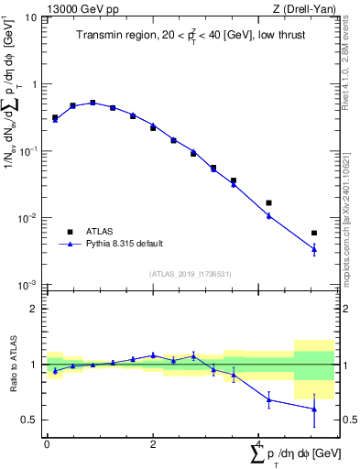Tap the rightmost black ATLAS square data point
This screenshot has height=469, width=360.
(x=314, y=233)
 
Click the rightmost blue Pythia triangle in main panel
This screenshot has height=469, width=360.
(x=314, y=248)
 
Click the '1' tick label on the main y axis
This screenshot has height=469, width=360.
(x=34, y=84)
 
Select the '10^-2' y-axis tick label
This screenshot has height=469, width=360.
(x=28, y=218)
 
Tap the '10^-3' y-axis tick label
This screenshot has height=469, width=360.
(x=28, y=286)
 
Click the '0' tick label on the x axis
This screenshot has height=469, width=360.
(x=46, y=443)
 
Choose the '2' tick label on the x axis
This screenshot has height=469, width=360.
(x=152, y=443)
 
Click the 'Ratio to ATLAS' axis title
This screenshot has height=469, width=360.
(x=12, y=365)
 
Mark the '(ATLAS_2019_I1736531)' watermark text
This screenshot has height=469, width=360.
(x=189, y=274)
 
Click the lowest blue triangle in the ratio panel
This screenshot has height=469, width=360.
(x=314, y=409)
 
